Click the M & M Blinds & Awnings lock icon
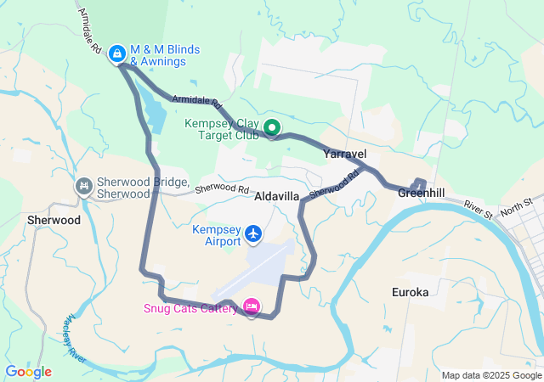116,53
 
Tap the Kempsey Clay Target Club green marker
272,128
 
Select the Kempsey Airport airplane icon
252,233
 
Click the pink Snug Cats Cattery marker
252,306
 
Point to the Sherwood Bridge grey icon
84,186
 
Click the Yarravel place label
344,154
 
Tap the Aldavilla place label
277,196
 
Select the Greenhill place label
421,194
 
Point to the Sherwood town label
54,219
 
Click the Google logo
28,372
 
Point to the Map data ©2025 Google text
490,375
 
